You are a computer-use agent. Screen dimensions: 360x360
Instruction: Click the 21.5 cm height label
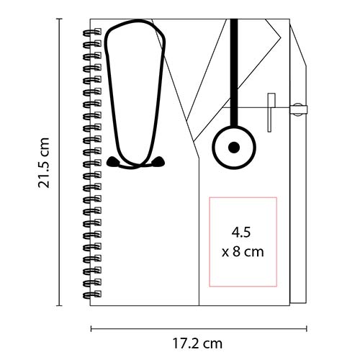tap(45, 163)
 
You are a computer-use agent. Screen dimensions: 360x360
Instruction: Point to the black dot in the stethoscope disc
tap(233, 148)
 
